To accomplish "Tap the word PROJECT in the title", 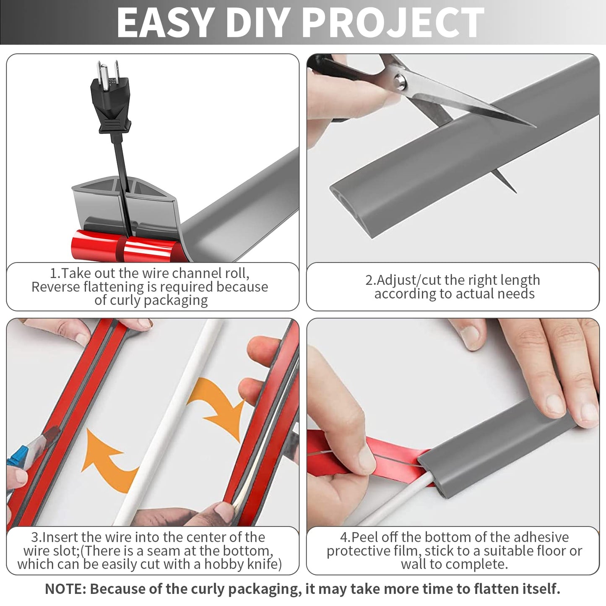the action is (394, 23).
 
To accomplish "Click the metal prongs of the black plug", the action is (107, 71).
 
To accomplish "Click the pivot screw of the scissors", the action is (401, 81).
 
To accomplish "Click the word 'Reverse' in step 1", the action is (56, 287).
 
